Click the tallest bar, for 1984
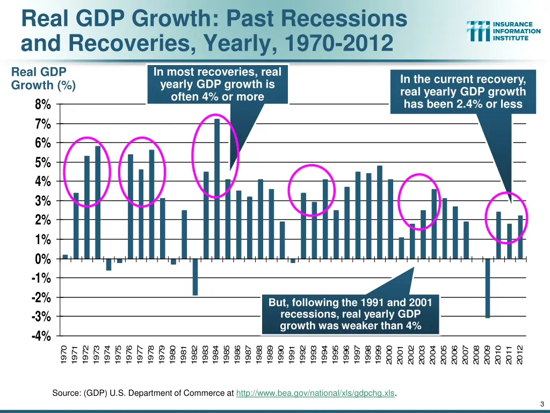pyautogui.click(x=217, y=188)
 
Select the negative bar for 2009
pyautogui.click(x=488, y=288)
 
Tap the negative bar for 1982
pyautogui.click(x=195, y=277)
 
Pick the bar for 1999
pyautogui.click(x=380, y=212)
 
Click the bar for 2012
pyautogui.click(x=520, y=237)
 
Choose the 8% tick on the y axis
pyautogui.click(x=43, y=104)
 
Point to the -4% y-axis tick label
pyautogui.click(x=42, y=336)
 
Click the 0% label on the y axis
pyautogui.click(x=43, y=259)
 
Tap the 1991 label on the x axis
pyautogui.click(x=293, y=354)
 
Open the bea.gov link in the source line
pyautogui.click(x=315, y=394)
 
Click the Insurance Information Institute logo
pyautogui.click(x=503, y=32)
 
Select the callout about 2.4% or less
pyautogui.click(x=463, y=92)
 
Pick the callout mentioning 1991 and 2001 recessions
pyautogui.click(x=350, y=314)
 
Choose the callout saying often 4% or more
pyautogui.click(x=217, y=84)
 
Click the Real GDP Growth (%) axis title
pyautogui.click(x=44, y=79)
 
